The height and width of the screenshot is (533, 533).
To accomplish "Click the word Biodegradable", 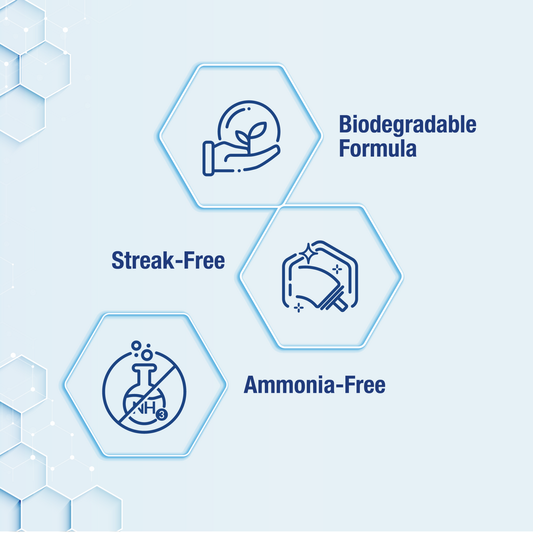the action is [x=408, y=125].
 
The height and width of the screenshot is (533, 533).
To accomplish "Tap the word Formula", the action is [x=378, y=148].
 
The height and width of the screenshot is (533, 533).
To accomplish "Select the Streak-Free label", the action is [x=168, y=260].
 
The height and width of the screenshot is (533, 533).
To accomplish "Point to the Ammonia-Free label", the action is [x=315, y=385].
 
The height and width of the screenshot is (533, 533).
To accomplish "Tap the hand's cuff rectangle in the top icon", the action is [x=208, y=159].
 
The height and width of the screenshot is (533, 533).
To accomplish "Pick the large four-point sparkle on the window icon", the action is [x=308, y=253].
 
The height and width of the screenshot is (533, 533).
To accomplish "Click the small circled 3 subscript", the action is [x=162, y=415].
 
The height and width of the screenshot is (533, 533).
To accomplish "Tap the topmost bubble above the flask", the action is [x=136, y=346].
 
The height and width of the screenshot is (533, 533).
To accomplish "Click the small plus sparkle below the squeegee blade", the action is [x=299, y=308].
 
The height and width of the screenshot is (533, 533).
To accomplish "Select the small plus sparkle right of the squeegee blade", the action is [x=337, y=269].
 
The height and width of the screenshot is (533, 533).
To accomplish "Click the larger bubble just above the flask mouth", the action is [x=147, y=355].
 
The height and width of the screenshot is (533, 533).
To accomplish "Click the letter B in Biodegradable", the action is [x=346, y=125].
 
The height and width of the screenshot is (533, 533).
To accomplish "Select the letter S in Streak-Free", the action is [x=118, y=261].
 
